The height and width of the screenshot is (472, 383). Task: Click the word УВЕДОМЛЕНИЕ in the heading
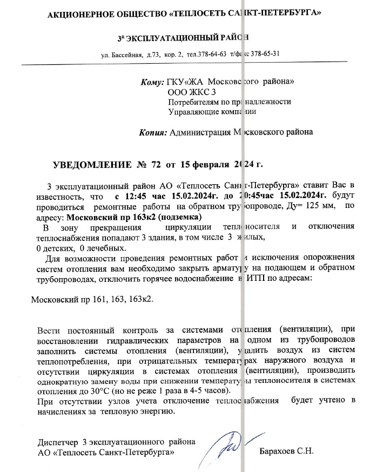click(91, 164)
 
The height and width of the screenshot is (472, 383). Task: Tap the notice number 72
click(157, 164)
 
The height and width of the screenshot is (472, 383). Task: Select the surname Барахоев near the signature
click(278, 450)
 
